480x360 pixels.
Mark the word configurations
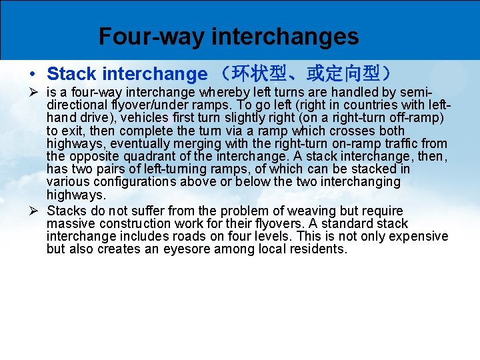tap(137, 181)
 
